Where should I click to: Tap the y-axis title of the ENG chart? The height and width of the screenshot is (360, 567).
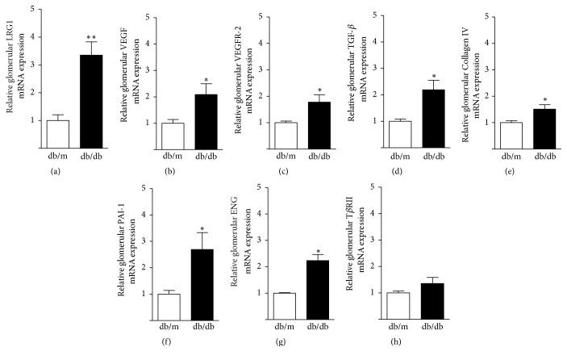(260, 254)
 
